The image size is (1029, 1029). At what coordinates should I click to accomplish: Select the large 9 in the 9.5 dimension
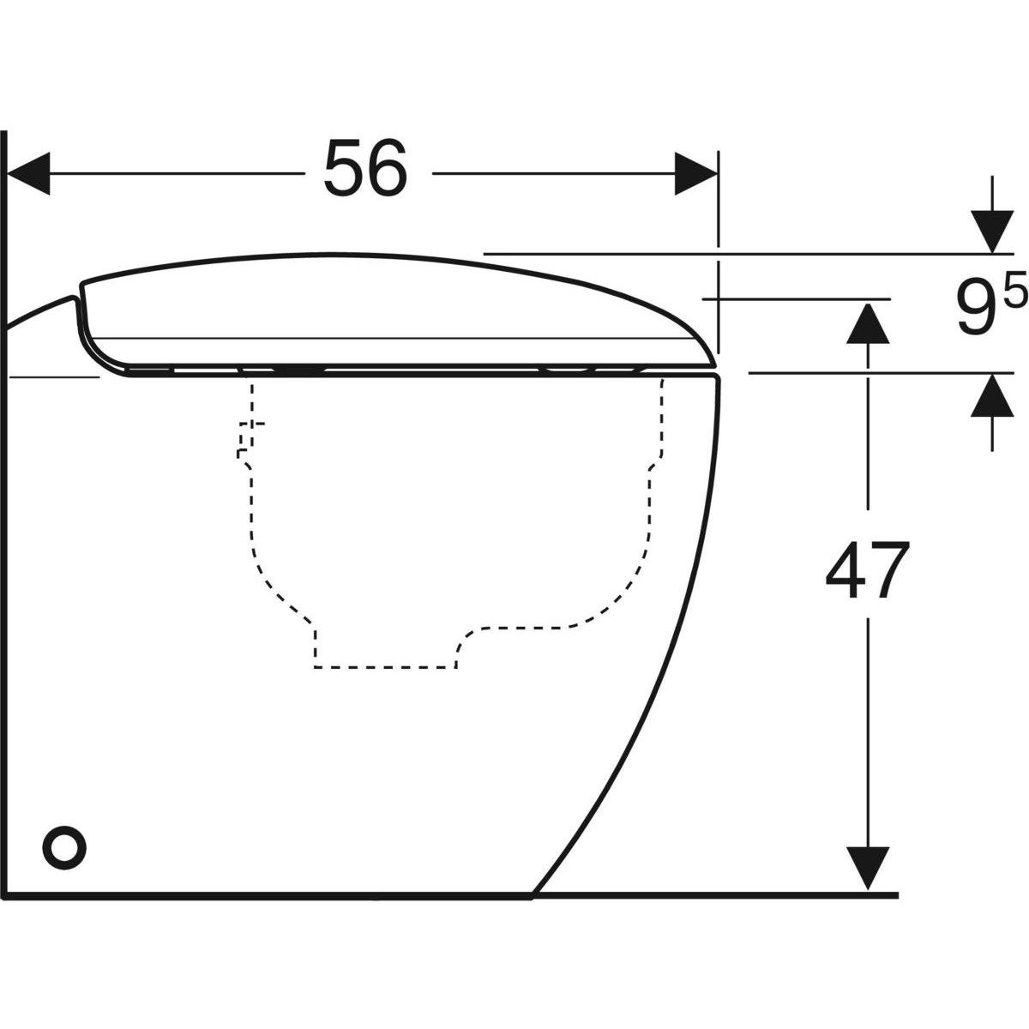click(x=974, y=312)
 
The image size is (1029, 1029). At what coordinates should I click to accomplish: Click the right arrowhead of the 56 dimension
click(x=695, y=174)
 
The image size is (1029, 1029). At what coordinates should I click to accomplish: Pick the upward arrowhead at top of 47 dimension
click(x=868, y=324)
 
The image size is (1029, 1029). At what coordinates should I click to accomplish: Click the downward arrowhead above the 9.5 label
click(x=993, y=232)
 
